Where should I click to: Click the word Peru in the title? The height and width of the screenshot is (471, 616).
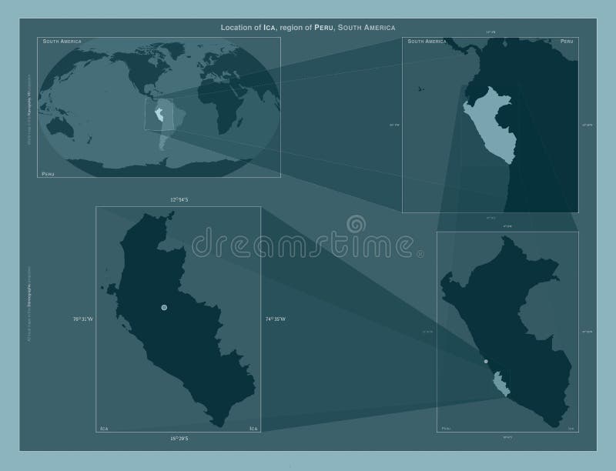tap(324, 28)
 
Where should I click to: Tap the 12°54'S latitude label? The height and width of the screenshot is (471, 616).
tap(179, 199)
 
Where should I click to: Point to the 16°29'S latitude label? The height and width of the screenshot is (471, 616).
tap(179, 438)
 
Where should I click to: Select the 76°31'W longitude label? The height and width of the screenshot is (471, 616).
tap(82, 319)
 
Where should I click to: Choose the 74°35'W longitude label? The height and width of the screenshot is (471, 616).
tap(276, 319)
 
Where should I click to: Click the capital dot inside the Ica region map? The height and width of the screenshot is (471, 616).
tap(164, 308)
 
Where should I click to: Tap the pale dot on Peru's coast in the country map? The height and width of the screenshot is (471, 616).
tap(486, 361)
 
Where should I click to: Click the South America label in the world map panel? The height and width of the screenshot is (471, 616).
tap(62, 40)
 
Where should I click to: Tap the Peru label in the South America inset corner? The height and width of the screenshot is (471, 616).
tap(567, 40)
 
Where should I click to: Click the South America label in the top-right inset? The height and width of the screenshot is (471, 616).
tap(427, 40)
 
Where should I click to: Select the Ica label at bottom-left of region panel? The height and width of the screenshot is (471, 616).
tap(103, 428)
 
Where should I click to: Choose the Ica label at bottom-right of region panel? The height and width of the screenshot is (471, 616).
tap(253, 428)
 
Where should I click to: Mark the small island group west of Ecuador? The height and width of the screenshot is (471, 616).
tap(420, 90)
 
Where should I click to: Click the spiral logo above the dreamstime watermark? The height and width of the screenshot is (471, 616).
tap(357, 224)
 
